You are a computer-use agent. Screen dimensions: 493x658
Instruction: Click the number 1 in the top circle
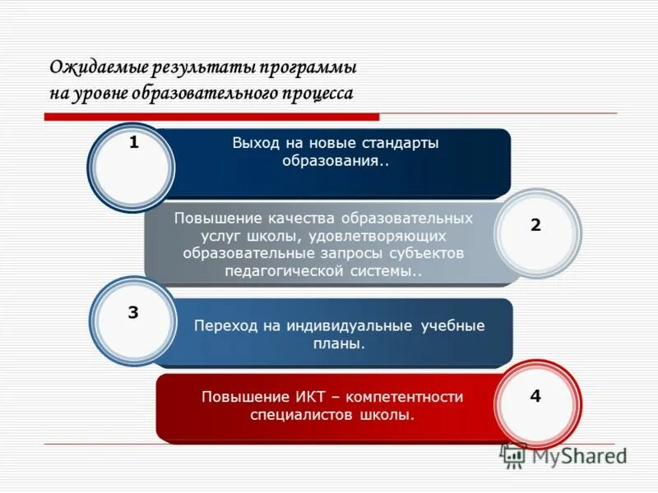coord(134,143)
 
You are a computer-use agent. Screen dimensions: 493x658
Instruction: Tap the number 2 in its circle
coord(535,225)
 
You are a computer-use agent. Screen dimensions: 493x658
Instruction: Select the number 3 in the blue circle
coord(133,312)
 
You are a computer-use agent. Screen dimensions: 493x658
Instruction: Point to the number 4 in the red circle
coord(535,396)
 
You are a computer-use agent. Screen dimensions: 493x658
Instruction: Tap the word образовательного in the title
coord(213,93)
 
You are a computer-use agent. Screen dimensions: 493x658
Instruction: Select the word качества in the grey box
coord(302,219)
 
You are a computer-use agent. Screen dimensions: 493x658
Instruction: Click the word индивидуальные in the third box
coord(351,325)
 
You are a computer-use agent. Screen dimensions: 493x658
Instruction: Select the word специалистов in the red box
coord(302,415)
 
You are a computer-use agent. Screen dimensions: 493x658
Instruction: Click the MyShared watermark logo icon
coord(514,455)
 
